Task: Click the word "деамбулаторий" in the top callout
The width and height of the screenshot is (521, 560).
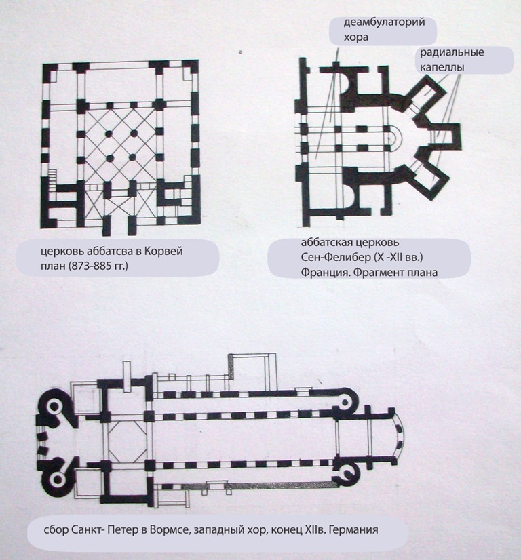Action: point(384,22)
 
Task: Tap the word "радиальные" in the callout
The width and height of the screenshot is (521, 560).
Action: point(452,52)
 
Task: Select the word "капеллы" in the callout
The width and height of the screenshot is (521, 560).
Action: point(442,67)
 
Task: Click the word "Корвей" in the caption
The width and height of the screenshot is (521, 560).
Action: point(163,251)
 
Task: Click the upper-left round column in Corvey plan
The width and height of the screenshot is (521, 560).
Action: point(109,134)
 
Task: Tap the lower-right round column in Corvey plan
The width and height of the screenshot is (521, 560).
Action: point(133,157)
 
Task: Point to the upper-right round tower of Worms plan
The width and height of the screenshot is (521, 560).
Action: point(345,402)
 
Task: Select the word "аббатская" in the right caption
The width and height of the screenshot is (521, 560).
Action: point(326,243)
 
